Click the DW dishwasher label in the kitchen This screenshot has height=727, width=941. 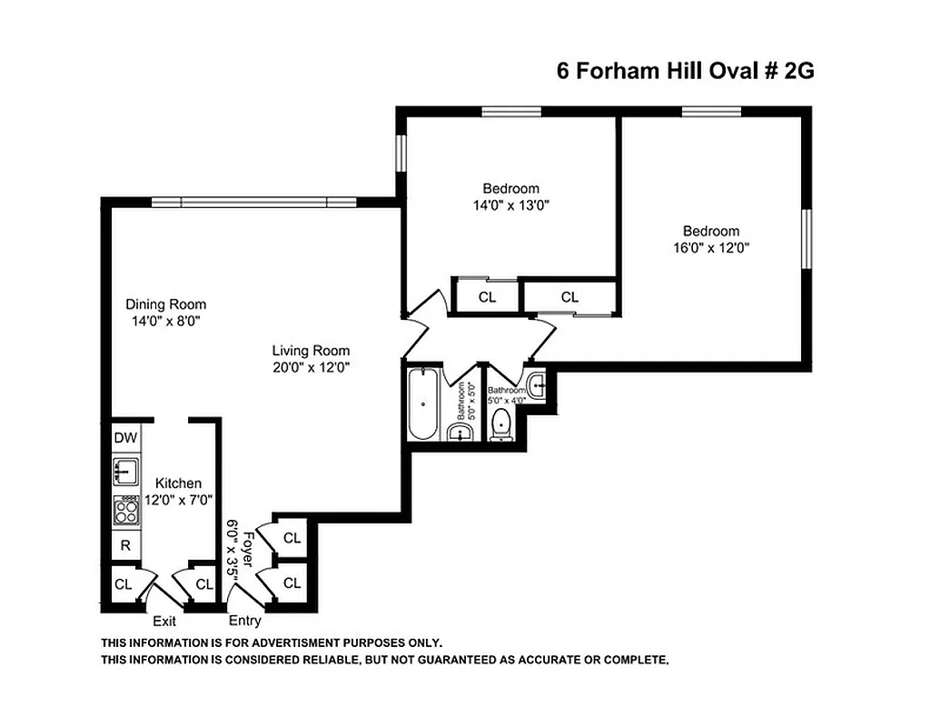pyautogui.click(x=125, y=438)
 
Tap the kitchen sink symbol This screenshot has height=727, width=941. pyautogui.click(x=125, y=472)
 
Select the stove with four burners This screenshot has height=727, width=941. pyautogui.click(x=125, y=511)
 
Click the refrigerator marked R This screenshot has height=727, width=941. pyautogui.click(x=125, y=545)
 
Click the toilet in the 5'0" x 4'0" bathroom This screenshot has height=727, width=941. pyautogui.click(x=500, y=425)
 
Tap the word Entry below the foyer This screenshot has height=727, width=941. pyautogui.click(x=245, y=622)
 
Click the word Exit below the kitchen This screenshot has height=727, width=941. pyautogui.click(x=164, y=622)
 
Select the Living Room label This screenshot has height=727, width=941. pyautogui.click(x=312, y=351)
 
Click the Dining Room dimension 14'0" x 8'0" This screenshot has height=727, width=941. pyautogui.click(x=165, y=321)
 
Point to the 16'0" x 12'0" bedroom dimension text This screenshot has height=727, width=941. pyautogui.click(x=711, y=247)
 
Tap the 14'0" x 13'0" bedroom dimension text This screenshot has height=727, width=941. pyautogui.click(x=510, y=204)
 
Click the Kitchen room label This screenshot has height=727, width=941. pyautogui.click(x=178, y=483)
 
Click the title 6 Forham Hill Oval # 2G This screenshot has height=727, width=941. pyautogui.click(x=685, y=72)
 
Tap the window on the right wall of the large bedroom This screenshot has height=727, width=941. pyautogui.click(x=805, y=238)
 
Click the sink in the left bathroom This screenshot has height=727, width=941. pyautogui.click(x=462, y=433)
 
